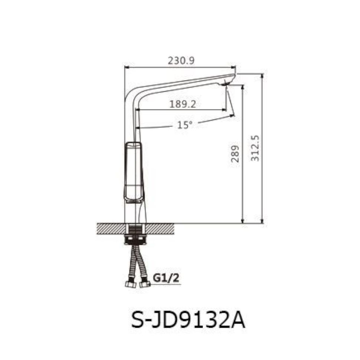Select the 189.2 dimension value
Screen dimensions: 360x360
coord(183,104)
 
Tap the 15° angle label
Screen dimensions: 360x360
coord(184,125)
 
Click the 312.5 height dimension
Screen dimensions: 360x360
coord(255,148)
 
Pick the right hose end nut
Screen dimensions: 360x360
coord(144,285)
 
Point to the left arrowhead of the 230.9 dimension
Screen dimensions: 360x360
coord(126,68)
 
